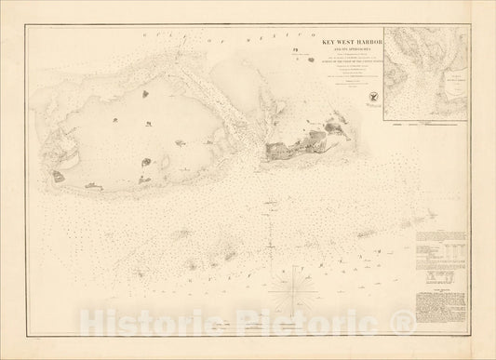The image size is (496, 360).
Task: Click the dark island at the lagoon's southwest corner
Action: (x=58, y=175)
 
